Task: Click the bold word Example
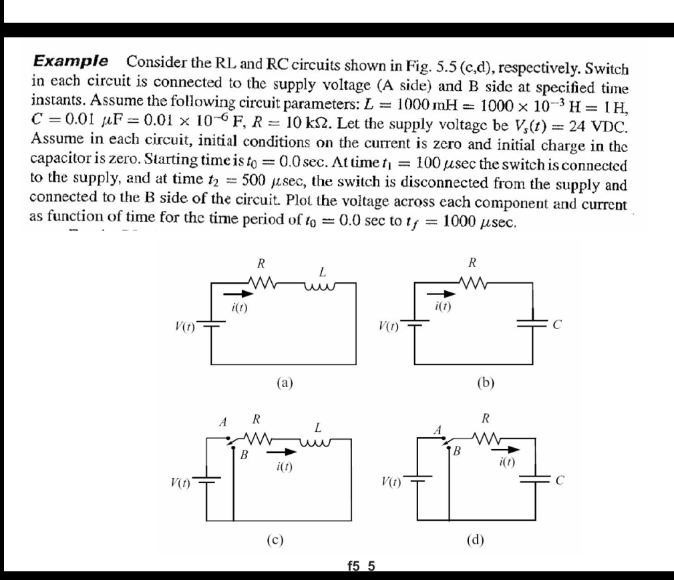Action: tap(71, 61)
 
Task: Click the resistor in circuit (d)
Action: tap(485, 438)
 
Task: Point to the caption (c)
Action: tap(274, 539)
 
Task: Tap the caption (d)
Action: tap(474, 539)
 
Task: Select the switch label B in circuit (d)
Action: tap(458, 449)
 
